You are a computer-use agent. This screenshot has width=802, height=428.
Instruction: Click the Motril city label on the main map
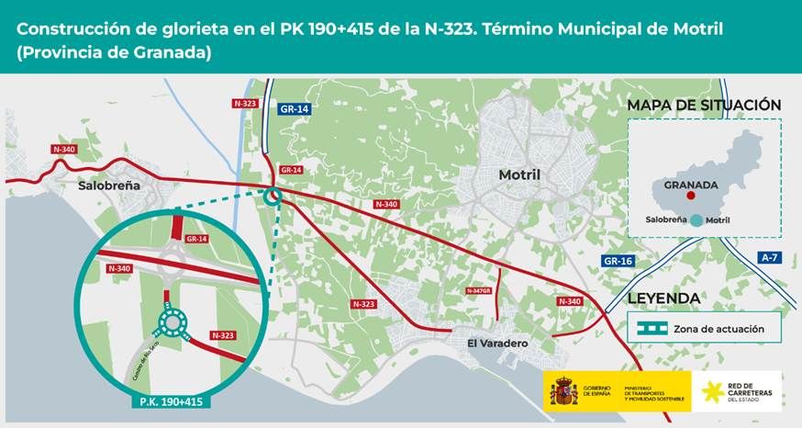click(519, 175)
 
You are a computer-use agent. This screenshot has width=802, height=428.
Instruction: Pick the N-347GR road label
click(479, 290)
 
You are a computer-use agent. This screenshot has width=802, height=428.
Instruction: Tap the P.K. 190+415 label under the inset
click(173, 402)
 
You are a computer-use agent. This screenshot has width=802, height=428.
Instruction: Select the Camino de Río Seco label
click(139, 353)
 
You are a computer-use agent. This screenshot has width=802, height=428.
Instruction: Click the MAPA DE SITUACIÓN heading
click(704, 106)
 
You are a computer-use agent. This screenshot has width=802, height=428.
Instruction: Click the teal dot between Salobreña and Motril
click(697, 220)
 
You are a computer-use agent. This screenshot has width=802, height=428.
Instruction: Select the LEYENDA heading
click(664, 298)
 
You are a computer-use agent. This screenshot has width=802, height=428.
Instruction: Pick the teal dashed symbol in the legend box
click(656, 327)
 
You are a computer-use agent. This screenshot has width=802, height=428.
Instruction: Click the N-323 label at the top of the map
click(245, 104)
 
